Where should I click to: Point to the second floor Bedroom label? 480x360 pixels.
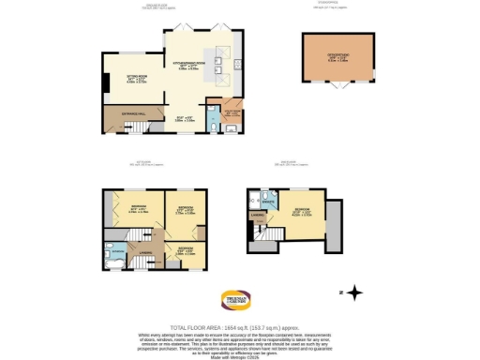300,210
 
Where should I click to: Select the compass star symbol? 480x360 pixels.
355,292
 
